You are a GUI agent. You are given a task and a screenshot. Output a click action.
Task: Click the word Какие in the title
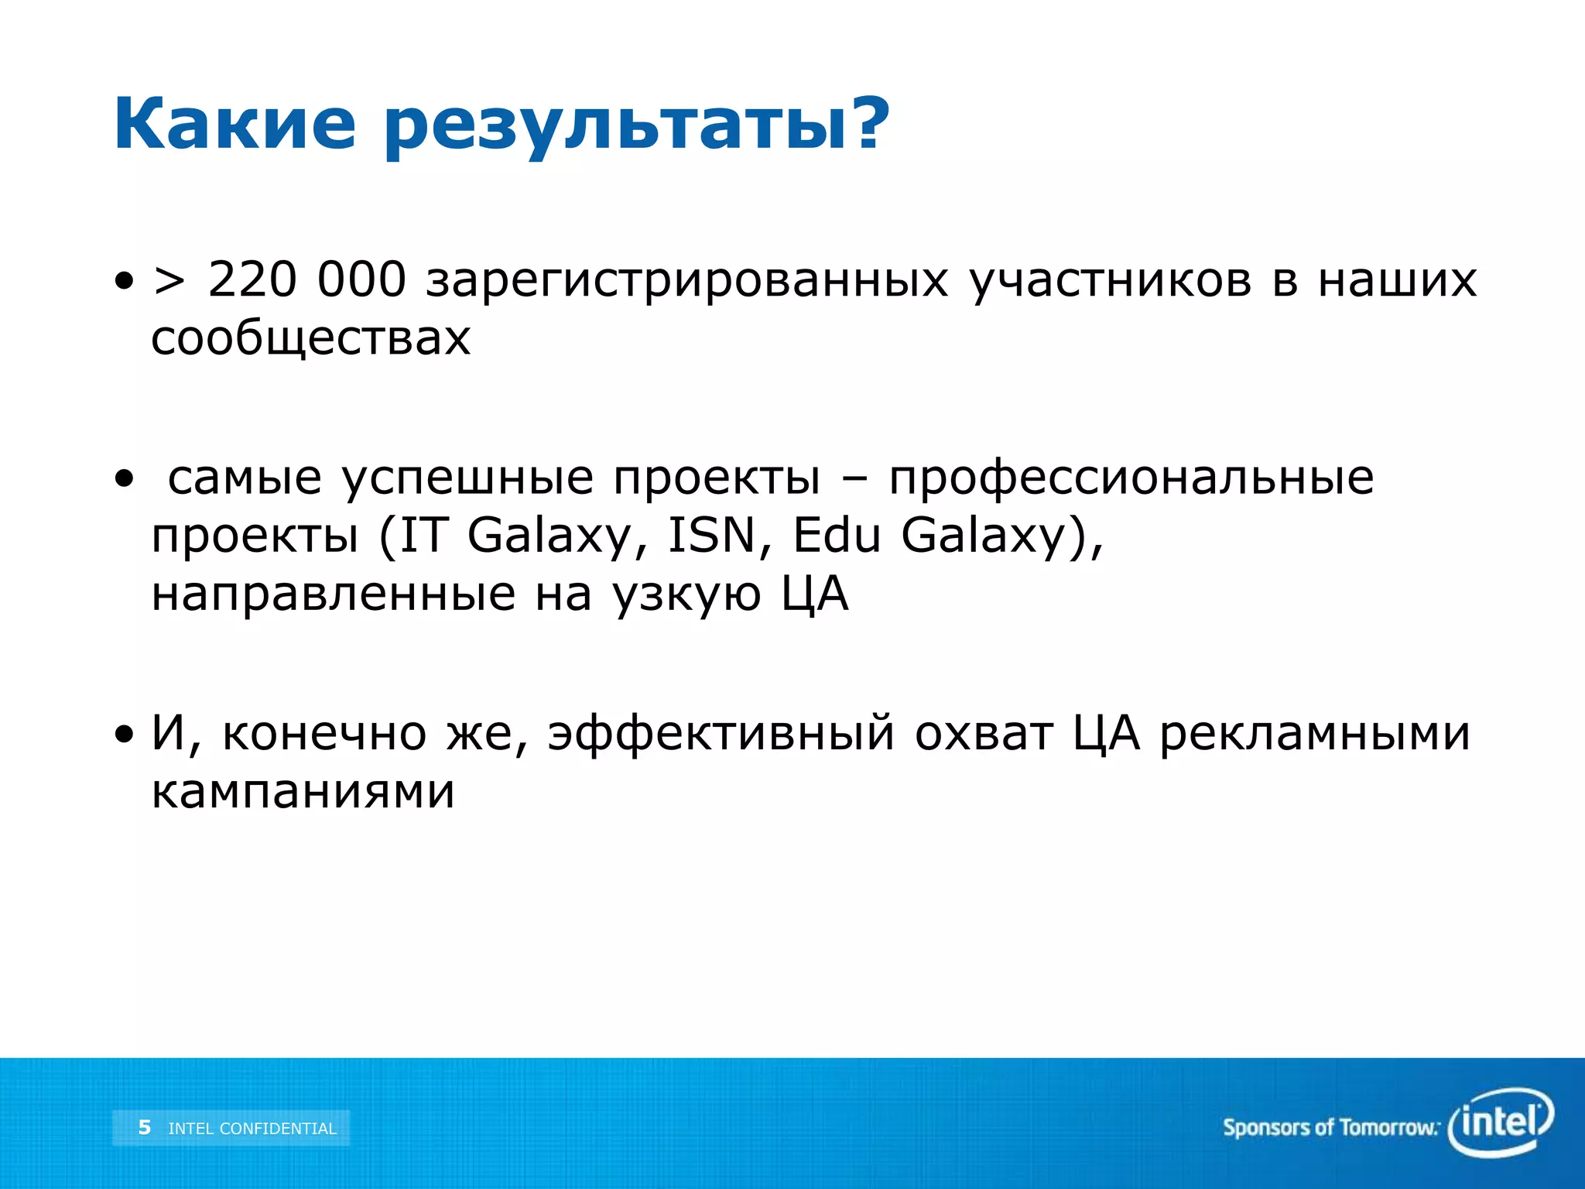(x=234, y=125)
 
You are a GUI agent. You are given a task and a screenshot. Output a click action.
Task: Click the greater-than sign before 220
(x=169, y=281)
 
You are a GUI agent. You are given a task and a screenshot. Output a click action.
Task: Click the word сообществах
(x=310, y=339)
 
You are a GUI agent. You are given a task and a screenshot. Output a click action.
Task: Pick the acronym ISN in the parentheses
(x=711, y=535)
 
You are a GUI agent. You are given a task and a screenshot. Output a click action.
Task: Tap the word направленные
(x=334, y=594)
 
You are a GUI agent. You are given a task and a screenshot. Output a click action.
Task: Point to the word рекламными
(x=1314, y=733)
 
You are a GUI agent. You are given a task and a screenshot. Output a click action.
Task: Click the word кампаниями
(x=303, y=792)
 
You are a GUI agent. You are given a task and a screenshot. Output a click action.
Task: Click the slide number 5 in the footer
(x=144, y=1127)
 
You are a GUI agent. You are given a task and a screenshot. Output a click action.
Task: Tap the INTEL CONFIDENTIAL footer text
(x=252, y=1129)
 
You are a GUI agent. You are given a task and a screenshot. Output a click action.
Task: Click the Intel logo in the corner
(x=1500, y=1122)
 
